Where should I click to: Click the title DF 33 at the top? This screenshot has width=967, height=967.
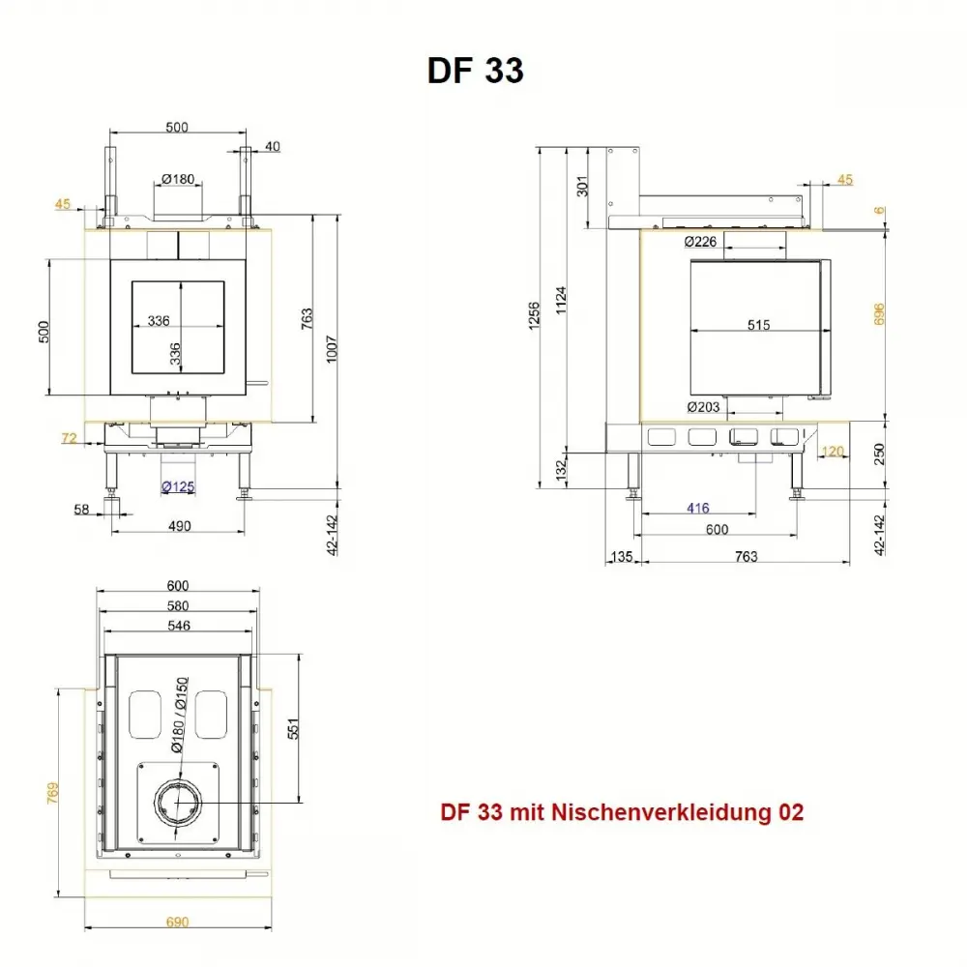475,71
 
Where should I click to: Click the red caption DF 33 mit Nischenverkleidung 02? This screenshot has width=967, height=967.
622,813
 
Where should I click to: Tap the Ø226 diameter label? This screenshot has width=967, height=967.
700,242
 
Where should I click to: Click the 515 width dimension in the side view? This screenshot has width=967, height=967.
758,326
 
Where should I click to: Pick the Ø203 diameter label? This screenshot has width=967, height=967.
702,407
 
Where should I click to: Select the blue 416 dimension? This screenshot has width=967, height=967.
697,509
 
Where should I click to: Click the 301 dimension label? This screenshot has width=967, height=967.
581,188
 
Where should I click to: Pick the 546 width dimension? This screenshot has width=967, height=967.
178,626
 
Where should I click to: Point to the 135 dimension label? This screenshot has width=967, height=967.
622,556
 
